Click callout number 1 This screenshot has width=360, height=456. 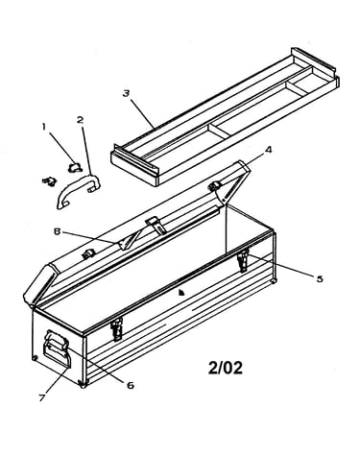43,127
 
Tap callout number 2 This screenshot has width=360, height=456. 81,120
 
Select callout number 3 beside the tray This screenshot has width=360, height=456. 126,93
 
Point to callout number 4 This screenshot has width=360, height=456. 269,149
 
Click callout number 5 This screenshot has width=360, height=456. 320,278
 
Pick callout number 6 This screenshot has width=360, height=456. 131,385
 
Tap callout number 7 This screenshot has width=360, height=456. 42,397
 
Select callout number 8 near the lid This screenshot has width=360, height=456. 57,231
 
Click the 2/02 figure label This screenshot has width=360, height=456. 226,368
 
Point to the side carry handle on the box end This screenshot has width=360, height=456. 58,348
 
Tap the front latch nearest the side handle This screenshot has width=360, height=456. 117,329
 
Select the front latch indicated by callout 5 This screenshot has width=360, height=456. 243,260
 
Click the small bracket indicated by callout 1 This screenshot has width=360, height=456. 76,167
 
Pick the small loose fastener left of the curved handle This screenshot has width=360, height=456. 49,181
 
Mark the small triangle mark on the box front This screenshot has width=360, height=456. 181,292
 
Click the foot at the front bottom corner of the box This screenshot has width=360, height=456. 83,385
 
